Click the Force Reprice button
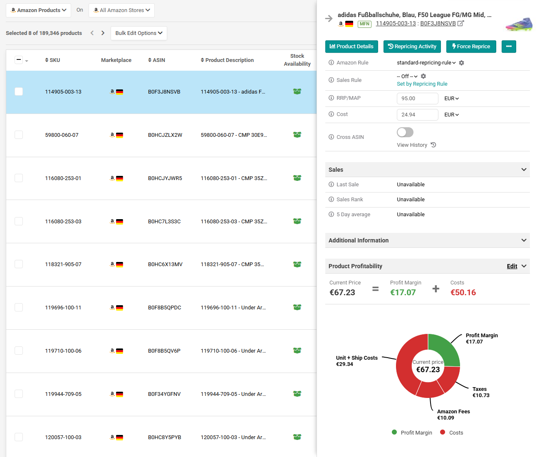(471, 47)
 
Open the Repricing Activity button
(412, 47)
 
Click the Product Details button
(351, 47)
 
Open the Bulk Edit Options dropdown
(139, 33)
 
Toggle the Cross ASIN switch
(405, 132)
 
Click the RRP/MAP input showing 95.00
(417, 99)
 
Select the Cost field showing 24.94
(417, 114)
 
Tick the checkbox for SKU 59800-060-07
(19, 135)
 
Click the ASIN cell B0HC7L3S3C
(164, 222)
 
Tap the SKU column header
(52, 60)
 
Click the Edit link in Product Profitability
(512, 266)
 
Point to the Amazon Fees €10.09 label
(453, 415)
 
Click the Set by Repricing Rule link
(422, 84)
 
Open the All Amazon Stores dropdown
(121, 10)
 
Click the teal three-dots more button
(509, 47)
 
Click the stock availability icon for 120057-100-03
(297, 437)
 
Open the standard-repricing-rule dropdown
(426, 62)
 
